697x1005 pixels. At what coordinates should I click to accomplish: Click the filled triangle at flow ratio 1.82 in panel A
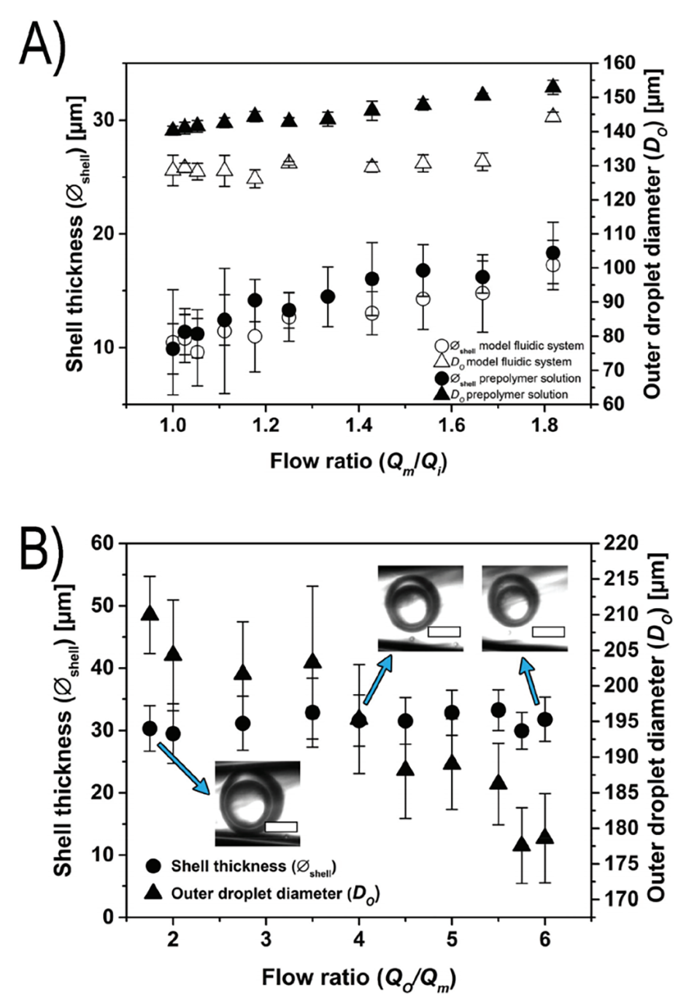tap(553, 87)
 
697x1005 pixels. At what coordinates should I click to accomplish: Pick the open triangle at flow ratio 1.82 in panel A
tap(553, 115)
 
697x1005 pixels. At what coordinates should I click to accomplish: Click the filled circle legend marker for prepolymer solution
tap(441, 378)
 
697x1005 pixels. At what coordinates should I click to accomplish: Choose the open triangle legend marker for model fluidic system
tap(441, 361)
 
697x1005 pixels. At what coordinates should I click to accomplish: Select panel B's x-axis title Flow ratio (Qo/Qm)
tap(359, 977)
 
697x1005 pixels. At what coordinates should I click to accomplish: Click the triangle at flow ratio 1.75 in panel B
tap(150, 613)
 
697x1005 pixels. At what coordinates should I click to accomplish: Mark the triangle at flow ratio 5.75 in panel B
tap(521, 844)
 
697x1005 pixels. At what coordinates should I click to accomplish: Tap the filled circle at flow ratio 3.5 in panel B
tap(312, 712)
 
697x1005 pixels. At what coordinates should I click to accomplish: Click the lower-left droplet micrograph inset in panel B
tap(257, 803)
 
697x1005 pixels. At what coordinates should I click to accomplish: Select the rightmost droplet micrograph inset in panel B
tap(524, 608)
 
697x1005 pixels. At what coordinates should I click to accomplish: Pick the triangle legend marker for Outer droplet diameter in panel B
tap(153, 892)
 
